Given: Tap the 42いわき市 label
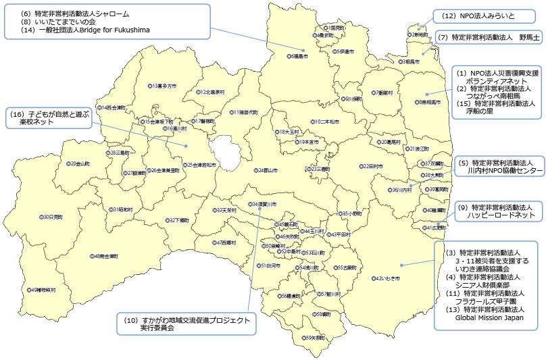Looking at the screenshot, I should point(387,278).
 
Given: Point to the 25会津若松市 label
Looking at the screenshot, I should point(201,165).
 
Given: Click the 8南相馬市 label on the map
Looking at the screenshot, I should point(428,102).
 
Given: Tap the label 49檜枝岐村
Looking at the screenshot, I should point(42,290).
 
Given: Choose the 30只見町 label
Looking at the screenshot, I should point(51,217).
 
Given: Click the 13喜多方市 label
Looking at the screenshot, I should point(163,86).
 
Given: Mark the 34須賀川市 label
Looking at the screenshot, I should point(264,204).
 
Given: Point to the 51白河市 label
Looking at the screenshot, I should point(270,266).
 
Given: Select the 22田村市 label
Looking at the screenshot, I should point(372,165).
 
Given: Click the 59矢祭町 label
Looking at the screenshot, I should point(314,337).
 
